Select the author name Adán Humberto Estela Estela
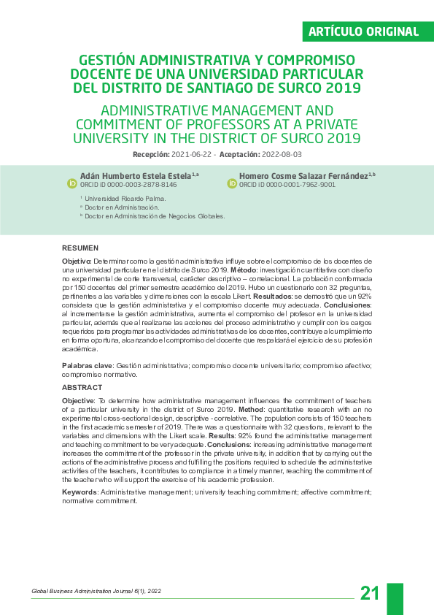click(135, 176)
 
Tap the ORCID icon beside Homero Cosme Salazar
click(232, 183)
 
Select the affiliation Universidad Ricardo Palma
click(125, 199)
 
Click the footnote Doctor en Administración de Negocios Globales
click(155, 216)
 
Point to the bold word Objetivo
click(76, 261)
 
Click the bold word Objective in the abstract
click(78, 401)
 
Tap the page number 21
click(370, 593)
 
